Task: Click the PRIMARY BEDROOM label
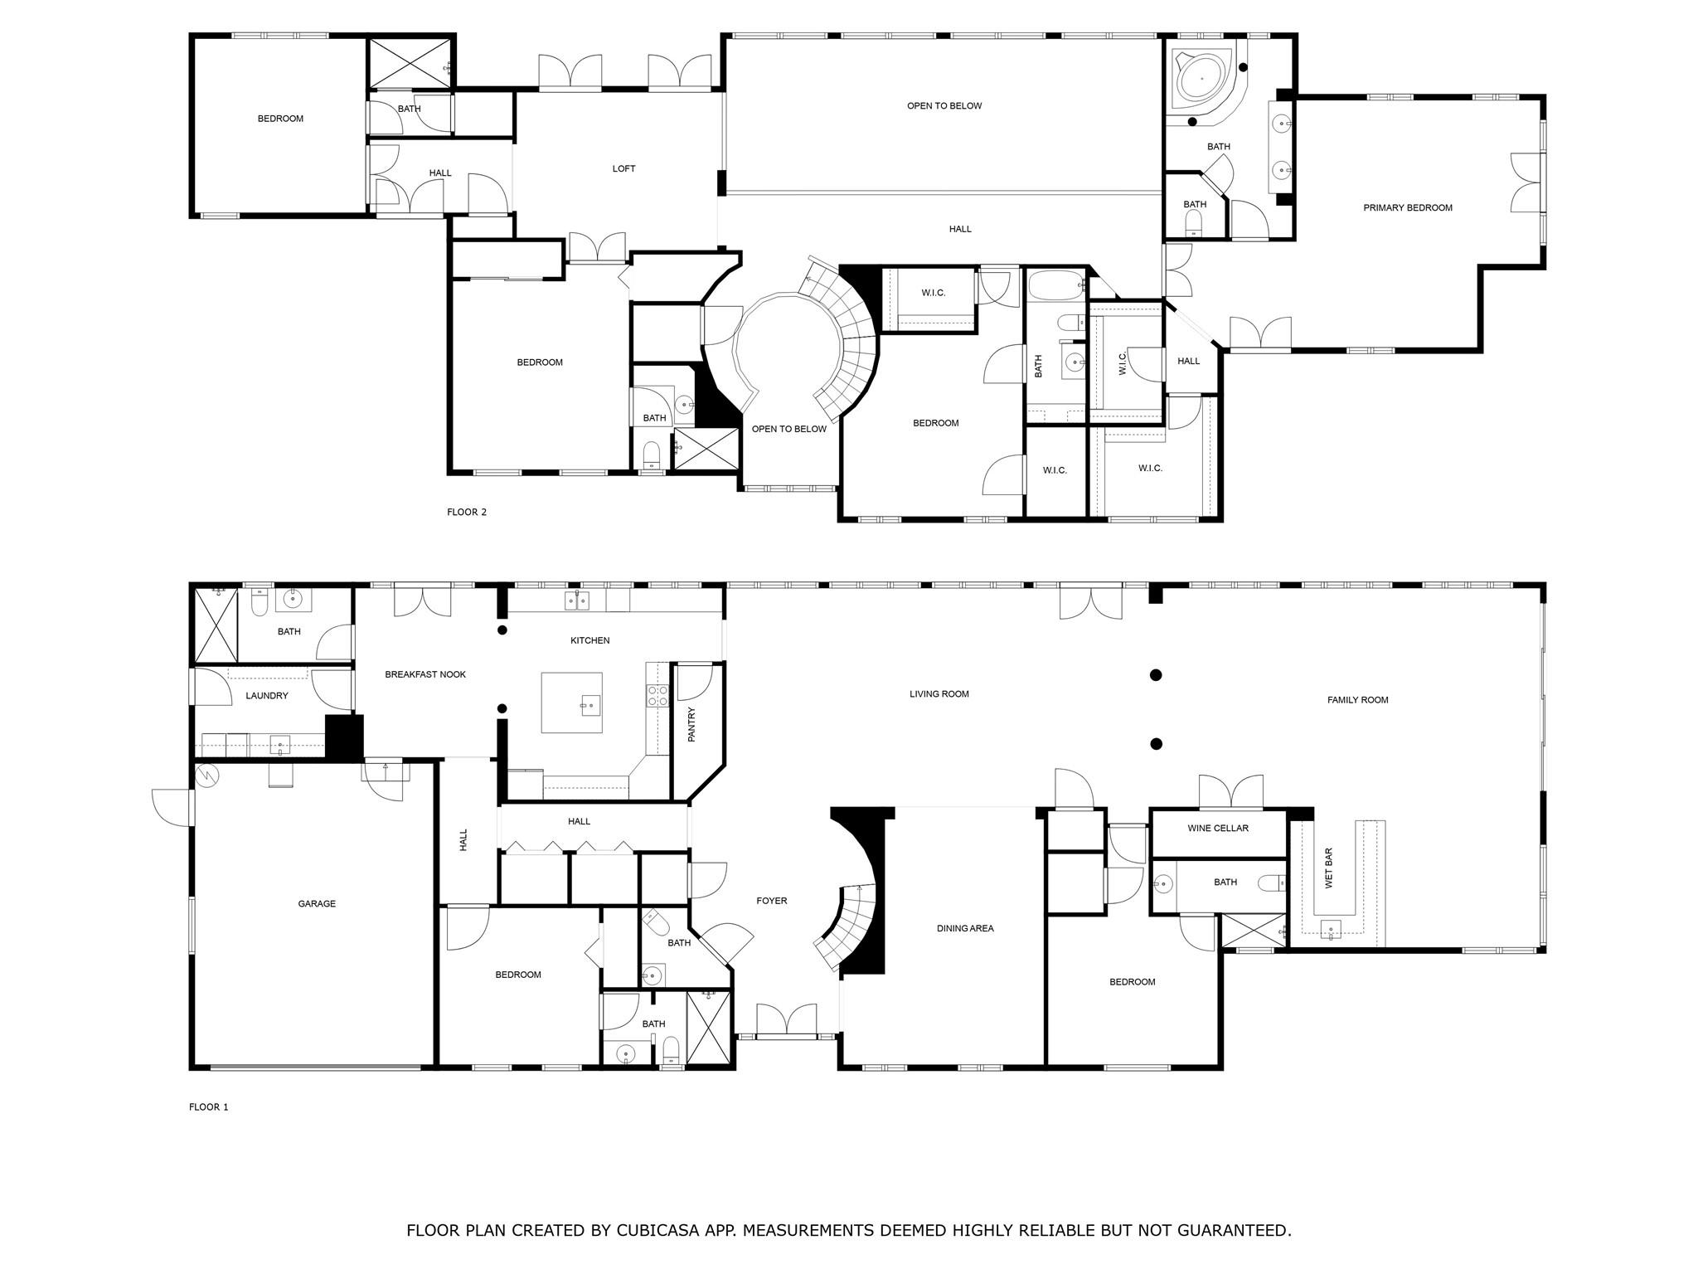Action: point(1408,208)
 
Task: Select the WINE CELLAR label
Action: point(1218,828)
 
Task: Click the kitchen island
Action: point(572,703)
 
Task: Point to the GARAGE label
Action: point(317,903)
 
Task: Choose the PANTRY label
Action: point(691,724)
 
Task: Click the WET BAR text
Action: point(1329,868)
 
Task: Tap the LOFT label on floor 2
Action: point(623,168)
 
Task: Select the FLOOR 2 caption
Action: point(467,512)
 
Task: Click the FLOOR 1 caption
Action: point(209,1106)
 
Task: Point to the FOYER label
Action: point(772,901)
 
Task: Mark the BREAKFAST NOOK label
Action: point(425,674)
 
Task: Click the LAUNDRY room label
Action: point(267,696)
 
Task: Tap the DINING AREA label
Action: point(965,928)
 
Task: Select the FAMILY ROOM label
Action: point(1357,700)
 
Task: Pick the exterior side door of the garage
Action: point(172,807)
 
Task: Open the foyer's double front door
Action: point(787,1020)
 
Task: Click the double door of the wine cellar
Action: point(1231,792)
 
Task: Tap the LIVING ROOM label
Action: point(939,694)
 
